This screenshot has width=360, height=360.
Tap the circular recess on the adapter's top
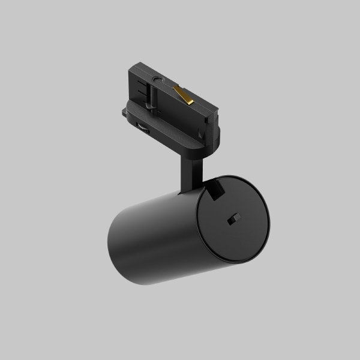pos(158,79)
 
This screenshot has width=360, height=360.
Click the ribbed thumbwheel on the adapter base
pos(143,127)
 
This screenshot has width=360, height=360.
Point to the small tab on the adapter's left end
pos(124,112)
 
